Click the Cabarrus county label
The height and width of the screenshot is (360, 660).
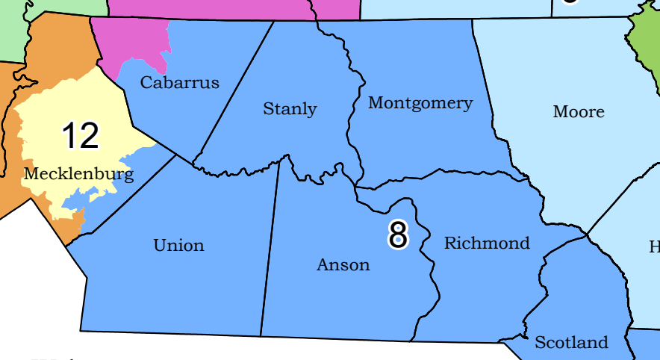[180, 82]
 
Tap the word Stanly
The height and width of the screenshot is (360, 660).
[290, 109]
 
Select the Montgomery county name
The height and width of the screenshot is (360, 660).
[420, 103]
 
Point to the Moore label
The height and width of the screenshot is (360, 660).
[579, 112]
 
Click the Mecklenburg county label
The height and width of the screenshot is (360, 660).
[78, 175]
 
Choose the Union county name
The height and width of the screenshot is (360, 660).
[178, 245]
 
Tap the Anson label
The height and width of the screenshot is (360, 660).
[343, 264]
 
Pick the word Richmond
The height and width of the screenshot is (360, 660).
[487, 243]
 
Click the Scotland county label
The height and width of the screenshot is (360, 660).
[571, 343]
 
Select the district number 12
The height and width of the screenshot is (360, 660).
[80, 136]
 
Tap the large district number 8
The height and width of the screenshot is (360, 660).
[398, 235]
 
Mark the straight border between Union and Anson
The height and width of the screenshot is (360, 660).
[270, 246]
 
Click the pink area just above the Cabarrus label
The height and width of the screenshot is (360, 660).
[134, 41]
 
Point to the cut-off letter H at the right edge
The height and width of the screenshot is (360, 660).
[655, 246]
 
